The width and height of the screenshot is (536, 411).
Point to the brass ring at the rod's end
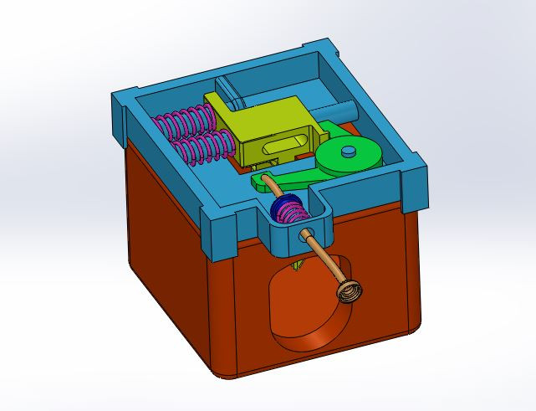350,291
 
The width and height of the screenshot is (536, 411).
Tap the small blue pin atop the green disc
348,151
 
